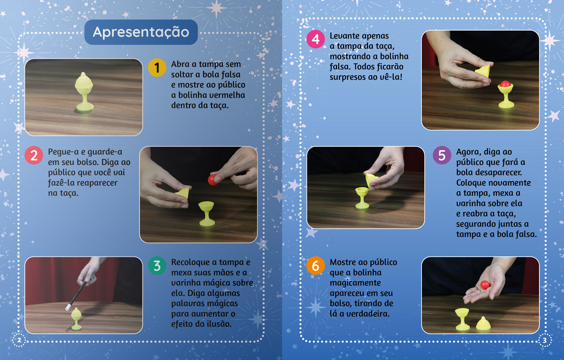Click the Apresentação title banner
pyautogui.click(x=141, y=32)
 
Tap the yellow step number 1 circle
pyautogui.click(x=157, y=68)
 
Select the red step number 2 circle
pyautogui.click(x=34, y=155)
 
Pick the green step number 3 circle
pyautogui.click(x=157, y=266)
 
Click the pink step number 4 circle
pyautogui.click(x=315, y=39)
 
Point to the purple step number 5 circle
pyautogui.click(x=442, y=155)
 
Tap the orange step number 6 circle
pyautogui.click(x=315, y=266)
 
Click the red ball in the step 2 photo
pyautogui.click(x=213, y=180)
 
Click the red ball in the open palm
pyautogui.click(x=485, y=285)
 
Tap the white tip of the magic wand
pyautogui.click(x=68, y=307)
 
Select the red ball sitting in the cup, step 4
pyautogui.click(x=505, y=84)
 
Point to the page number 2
pyautogui.click(x=19, y=340)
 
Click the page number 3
pyautogui.click(x=545, y=341)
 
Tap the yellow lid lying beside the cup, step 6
pyautogui.click(x=483, y=323)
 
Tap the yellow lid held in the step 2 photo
pyautogui.click(x=182, y=193)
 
